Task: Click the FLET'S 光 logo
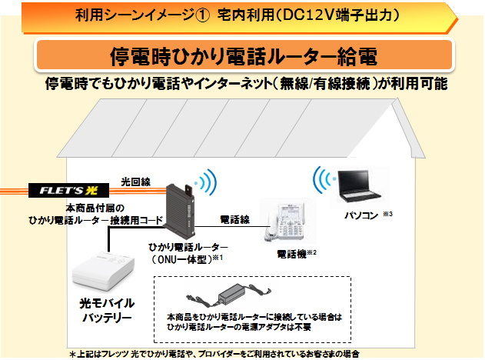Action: click(68, 190)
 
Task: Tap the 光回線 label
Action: click(135, 182)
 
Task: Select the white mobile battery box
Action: click(103, 272)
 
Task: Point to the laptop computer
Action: click(359, 186)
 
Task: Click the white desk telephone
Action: click(287, 222)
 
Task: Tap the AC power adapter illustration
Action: click(228, 295)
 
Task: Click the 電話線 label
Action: click(234, 220)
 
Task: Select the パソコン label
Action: click(361, 215)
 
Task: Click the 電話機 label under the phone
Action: click(291, 255)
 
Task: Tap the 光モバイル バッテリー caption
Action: click(107, 310)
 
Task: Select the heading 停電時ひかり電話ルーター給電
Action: click(244, 56)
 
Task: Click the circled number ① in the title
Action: click(203, 15)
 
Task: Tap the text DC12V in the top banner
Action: click(309, 15)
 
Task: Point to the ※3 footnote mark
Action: click(388, 214)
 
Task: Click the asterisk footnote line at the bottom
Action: click(214, 354)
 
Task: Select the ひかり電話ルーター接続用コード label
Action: click(95, 220)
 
